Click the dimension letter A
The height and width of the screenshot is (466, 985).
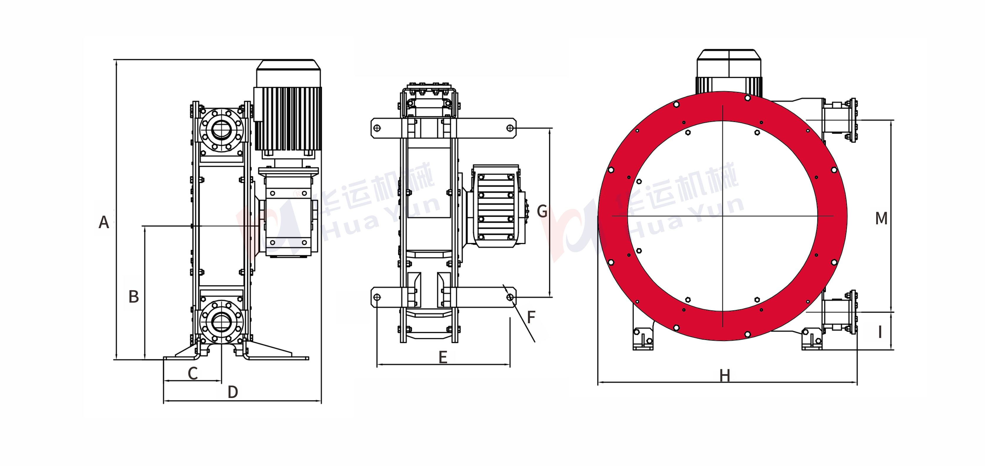[104, 222]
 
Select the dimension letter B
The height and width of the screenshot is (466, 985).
[134, 296]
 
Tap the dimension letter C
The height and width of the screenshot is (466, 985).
[193, 373]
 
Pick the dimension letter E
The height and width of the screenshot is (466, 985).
[443, 357]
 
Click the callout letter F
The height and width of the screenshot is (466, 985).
[531, 317]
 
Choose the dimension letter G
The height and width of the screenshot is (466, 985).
[542, 211]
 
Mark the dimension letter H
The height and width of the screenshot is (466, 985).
[725, 376]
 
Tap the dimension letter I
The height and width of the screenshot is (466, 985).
[880, 332]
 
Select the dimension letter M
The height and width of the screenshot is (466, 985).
[881, 218]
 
